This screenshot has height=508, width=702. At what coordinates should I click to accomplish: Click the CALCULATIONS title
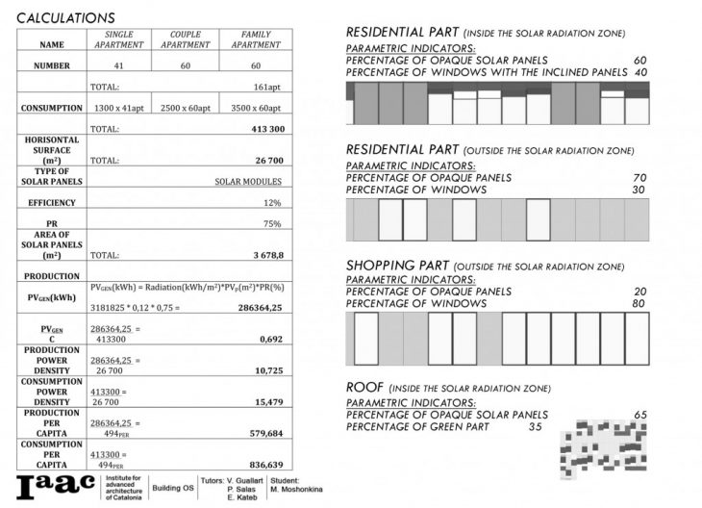pyautogui.click(x=65, y=17)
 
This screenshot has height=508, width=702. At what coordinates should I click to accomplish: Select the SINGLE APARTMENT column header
pyautogui.click(x=118, y=39)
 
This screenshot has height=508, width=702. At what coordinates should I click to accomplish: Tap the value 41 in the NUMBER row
pyautogui.click(x=118, y=65)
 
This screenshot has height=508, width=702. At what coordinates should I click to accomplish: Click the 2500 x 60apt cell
pyautogui.click(x=185, y=109)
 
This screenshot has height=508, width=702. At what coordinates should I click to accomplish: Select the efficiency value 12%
pyautogui.click(x=272, y=203)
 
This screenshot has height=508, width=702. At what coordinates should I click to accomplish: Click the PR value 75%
pyautogui.click(x=272, y=224)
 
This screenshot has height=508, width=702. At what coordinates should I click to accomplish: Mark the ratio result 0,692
pyautogui.click(x=271, y=340)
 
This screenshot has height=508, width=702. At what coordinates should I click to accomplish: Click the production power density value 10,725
pyautogui.click(x=268, y=370)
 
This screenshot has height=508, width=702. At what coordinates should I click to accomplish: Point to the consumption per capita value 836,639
pyautogui.click(x=263, y=464)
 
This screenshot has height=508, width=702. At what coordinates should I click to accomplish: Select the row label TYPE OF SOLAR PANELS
pyautogui.click(x=52, y=176)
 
